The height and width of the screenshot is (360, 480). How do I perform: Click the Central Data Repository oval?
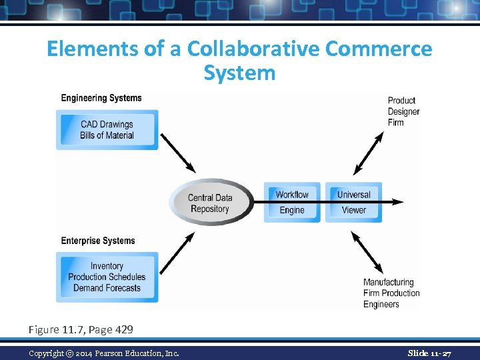210,203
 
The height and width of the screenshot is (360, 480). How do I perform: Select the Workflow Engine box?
292,202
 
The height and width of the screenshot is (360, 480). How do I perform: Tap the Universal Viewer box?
353,202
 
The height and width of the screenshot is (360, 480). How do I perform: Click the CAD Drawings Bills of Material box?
107,130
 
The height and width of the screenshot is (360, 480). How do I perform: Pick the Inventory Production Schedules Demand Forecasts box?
107,277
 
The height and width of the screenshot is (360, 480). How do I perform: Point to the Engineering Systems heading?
101,98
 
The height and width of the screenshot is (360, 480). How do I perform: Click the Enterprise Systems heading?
98,241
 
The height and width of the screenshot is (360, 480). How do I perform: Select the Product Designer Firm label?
403,111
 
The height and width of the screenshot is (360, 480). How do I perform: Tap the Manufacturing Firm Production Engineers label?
391,293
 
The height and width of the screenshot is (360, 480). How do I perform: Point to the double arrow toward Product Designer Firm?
369,153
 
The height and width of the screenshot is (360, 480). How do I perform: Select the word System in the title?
239,72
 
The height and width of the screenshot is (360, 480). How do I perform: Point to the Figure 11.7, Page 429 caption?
81,329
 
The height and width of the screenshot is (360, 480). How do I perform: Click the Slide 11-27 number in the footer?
429,353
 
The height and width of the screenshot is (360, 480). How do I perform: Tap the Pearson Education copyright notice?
103,353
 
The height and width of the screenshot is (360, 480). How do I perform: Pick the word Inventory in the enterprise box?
107,266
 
